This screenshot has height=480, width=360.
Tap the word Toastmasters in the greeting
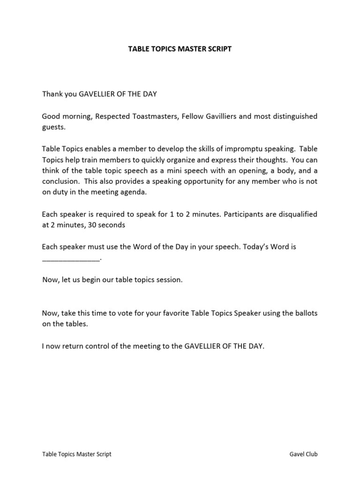(136, 116)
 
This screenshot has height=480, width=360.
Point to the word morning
(75, 116)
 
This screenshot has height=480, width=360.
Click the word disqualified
(293, 214)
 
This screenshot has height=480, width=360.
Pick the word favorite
(174, 313)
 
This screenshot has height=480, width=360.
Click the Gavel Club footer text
(304, 454)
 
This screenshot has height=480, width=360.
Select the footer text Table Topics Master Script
(77, 454)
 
